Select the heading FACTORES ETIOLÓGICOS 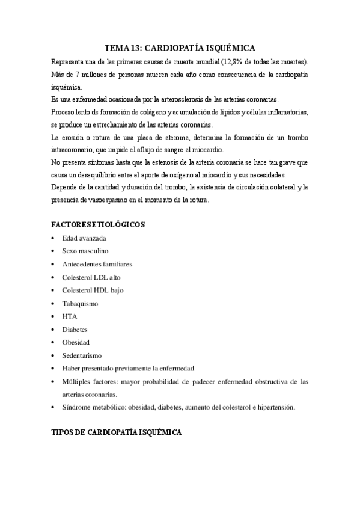[98, 224]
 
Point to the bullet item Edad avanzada [84, 238]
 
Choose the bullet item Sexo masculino [85, 251]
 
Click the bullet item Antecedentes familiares [97, 264]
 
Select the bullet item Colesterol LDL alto [91, 277]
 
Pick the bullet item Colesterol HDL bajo [92, 290]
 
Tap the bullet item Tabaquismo [80, 303]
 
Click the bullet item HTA [69, 316]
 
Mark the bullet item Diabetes [75, 330]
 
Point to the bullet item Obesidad [76, 342]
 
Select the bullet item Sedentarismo [82, 355]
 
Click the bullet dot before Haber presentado [55, 369]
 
